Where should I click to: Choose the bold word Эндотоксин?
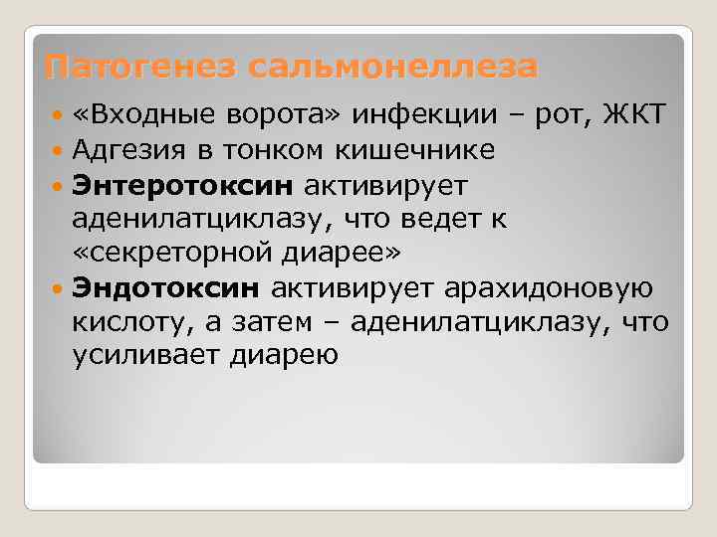point(165,288)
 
